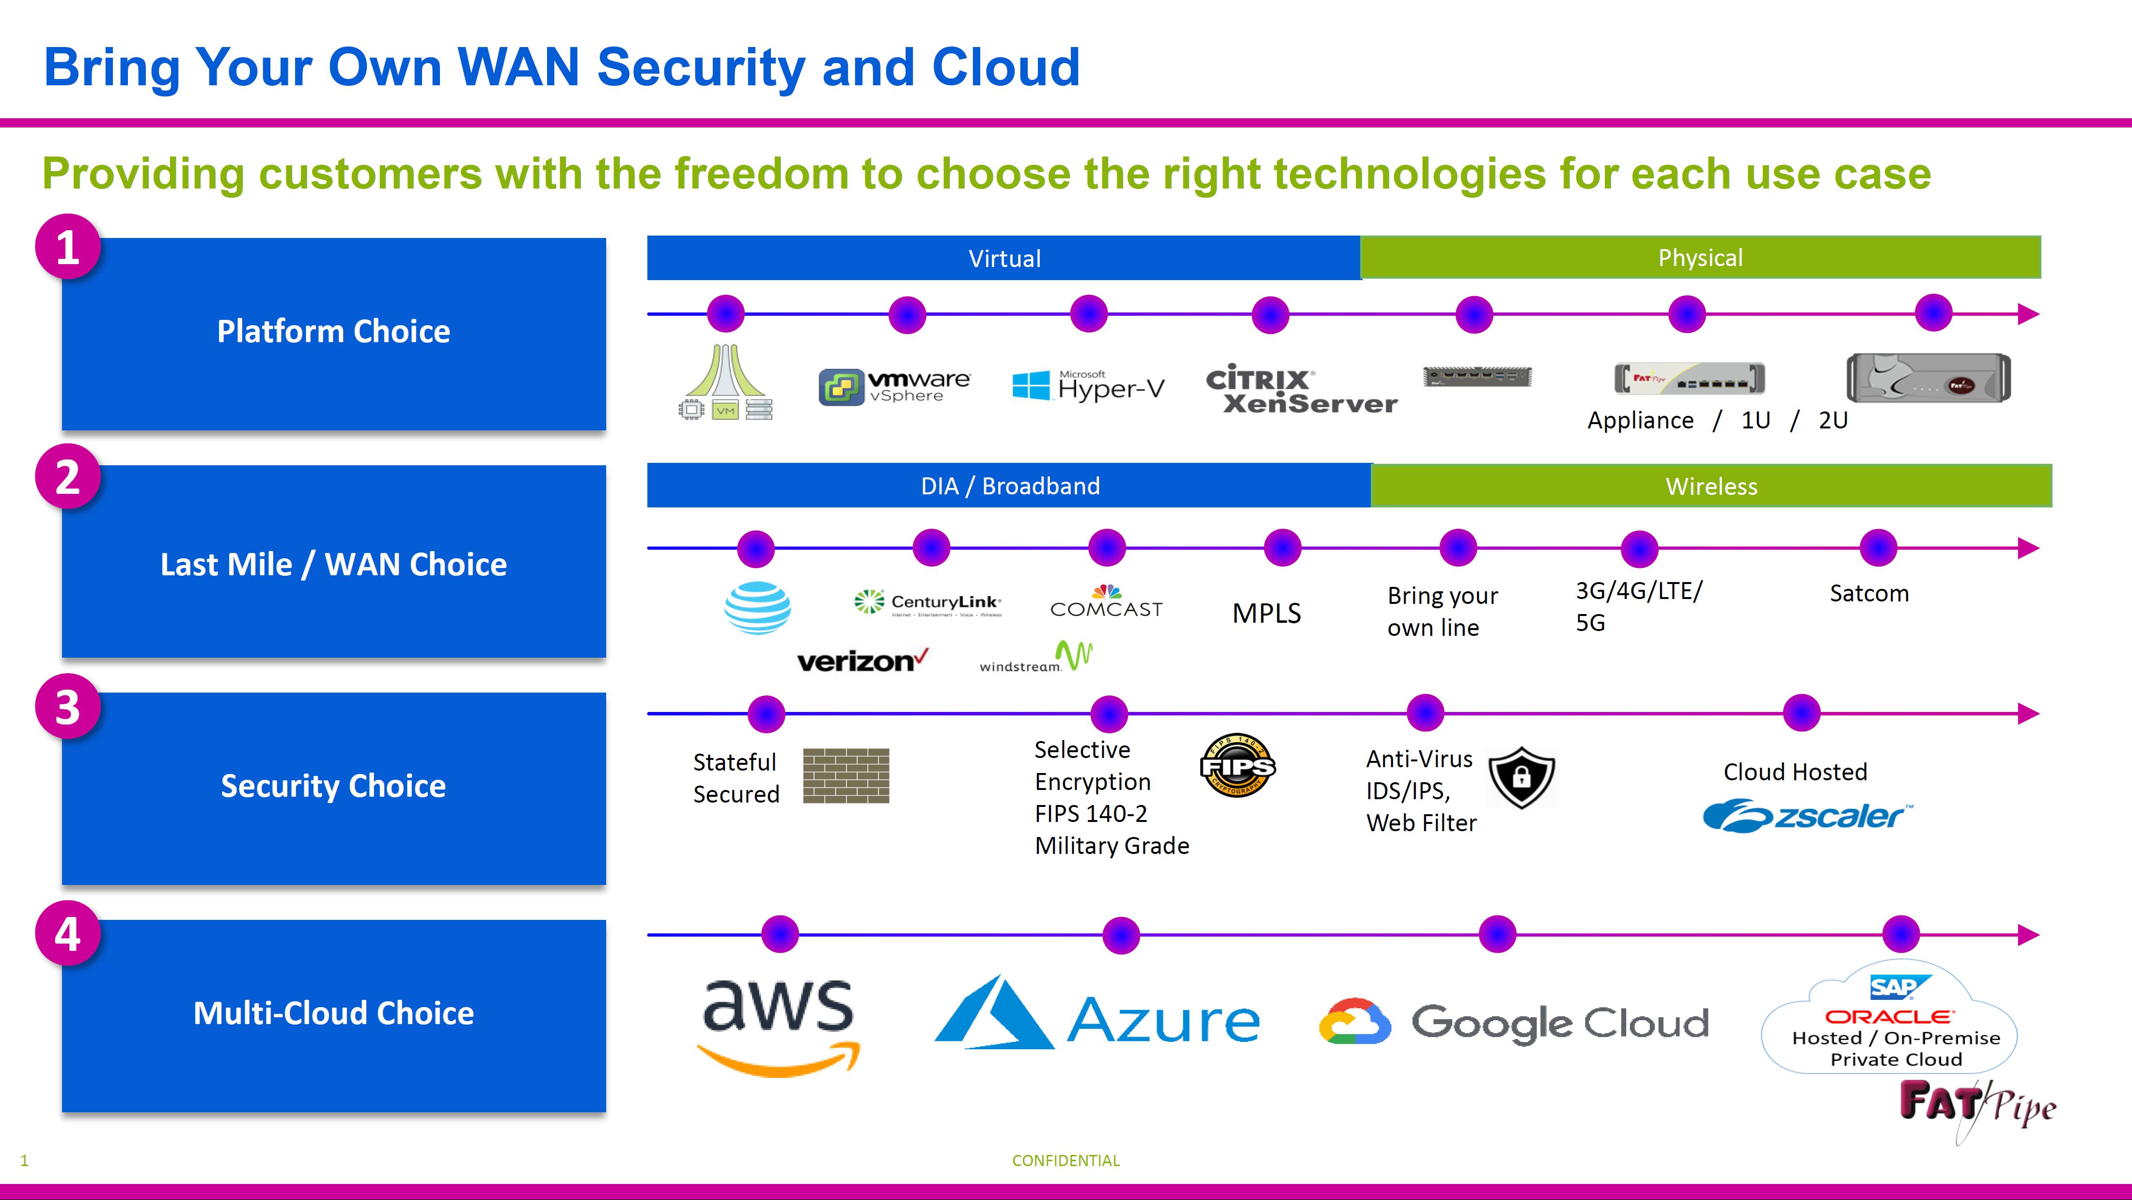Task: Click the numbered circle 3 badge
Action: (x=68, y=708)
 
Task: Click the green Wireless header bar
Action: (x=1711, y=486)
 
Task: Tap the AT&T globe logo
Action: (x=757, y=608)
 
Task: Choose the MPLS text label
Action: (x=1266, y=613)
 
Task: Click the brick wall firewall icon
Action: (x=846, y=775)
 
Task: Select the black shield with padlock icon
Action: (x=1521, y=777)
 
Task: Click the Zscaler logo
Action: (x=1807, y=816)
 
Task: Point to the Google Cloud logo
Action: (x=1513, y=1022)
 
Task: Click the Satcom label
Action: (x=1869, y=593)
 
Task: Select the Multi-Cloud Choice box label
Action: (x=333, y=1013)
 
